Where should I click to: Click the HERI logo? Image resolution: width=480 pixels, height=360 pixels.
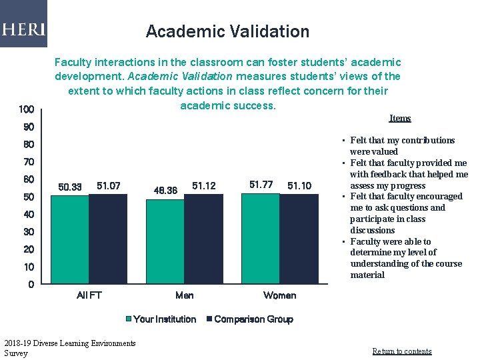click(x=23, y=29)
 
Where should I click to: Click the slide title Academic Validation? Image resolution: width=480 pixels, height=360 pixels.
click(x=227, y=31)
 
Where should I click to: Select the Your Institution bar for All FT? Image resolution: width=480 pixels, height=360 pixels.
click(x=69, y=239)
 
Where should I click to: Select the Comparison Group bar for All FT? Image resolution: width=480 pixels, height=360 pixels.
click(x=108, y=239)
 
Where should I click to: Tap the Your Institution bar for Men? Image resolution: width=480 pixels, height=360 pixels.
click(x=165, y=241)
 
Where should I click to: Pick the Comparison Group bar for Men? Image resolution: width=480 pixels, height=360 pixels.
click(x=203, y=239)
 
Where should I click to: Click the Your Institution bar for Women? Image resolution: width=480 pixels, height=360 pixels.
click(x=260, y=239)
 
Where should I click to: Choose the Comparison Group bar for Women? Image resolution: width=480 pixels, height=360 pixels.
click(x=299, y=239)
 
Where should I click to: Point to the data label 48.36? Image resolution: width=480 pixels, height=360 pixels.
click(x=165, y=191)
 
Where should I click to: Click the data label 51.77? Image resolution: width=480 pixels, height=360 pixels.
click(x=261, y=185)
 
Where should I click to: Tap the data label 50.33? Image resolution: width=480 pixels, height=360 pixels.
click(x=70, y=187)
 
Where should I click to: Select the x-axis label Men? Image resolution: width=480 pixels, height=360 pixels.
click(x=184, y=295)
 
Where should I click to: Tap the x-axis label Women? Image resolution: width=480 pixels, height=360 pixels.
click(x=279, y=295)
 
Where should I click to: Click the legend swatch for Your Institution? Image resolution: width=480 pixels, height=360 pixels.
click(x=129, y=319)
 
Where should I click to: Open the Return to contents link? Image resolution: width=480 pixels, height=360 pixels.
click(x=401, y=351)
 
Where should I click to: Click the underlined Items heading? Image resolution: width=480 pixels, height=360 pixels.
click(x=399, y=118)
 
